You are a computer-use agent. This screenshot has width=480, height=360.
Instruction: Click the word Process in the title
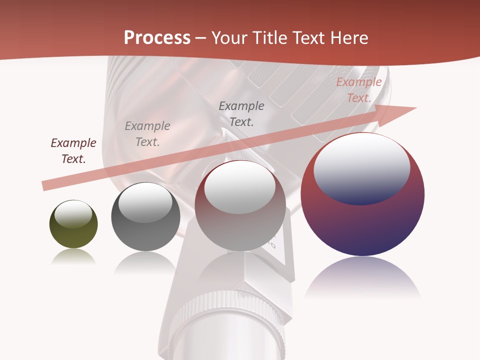point(157,38)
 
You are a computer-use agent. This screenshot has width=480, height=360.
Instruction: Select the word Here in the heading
point(348,38)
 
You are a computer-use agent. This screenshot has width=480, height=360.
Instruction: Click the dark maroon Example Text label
point(73,151)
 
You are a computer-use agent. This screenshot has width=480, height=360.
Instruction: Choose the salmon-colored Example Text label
point(358,90)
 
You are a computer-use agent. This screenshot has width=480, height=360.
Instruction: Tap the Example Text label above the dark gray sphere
point(147,134)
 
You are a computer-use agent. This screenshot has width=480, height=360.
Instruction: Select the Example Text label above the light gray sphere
point(241,113)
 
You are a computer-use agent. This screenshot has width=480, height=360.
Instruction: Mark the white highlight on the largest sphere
point(361,167)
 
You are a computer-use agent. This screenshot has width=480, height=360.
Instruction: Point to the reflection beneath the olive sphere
point(73,257)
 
